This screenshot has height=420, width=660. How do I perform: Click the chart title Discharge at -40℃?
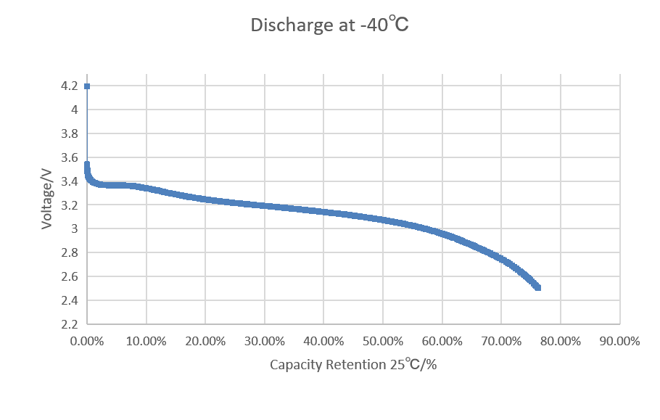[x=330, y=25]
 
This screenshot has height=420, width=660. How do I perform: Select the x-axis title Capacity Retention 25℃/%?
[x=353, y=364]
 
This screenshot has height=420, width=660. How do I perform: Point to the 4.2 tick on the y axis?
[x=70, y=86]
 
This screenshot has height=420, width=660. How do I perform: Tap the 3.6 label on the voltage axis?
[x=70, y=157]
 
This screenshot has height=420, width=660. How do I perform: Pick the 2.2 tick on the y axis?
[x=70, y=324]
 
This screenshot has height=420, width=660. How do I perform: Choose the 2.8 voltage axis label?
[x=70, y=253]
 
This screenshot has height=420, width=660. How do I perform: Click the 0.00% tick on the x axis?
[x=87, y=340]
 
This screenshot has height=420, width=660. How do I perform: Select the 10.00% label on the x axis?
[x=147, y=340]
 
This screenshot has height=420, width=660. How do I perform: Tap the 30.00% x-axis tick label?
[x=265, y=340]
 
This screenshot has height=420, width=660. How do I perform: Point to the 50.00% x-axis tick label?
[x=383, y=340]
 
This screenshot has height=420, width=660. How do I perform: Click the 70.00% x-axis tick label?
[x=501, y=340]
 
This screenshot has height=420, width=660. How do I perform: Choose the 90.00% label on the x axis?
[x=619, y=340]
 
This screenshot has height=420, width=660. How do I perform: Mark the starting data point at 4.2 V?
[x=87, y=86]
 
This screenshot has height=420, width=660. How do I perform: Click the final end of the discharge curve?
[x=538, y=288]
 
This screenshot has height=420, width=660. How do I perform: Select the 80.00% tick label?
[x=561, y=340]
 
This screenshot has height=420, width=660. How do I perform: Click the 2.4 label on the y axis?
[x=70, y=300]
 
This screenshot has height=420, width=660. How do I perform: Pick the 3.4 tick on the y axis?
[x=70, y=181]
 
